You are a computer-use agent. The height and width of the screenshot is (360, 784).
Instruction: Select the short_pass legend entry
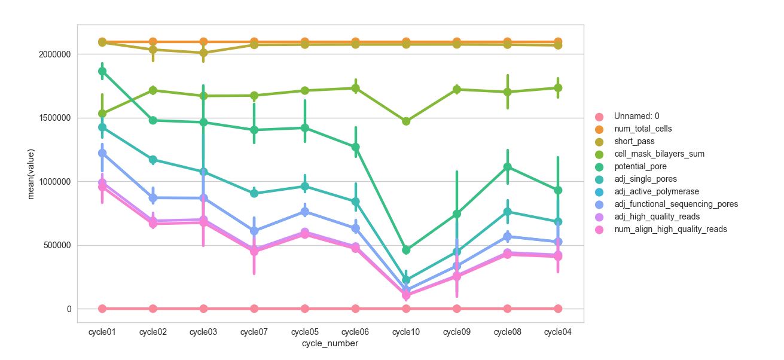(634, 141)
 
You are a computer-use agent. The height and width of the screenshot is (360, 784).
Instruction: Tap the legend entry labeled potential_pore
(640, 166)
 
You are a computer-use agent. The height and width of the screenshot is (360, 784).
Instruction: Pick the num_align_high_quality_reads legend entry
(670, 229)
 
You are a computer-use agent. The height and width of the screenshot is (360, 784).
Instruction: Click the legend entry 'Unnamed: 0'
(636, 116)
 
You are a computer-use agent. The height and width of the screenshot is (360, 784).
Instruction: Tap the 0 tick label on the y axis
(68, 309)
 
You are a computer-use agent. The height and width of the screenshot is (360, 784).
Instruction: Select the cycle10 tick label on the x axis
(406, 332)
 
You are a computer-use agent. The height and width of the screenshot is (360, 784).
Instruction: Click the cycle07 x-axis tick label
(254, 332)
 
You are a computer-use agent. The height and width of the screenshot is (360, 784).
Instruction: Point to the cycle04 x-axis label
(558, 332)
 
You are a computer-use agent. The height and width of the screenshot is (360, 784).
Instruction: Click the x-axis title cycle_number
(330, 344)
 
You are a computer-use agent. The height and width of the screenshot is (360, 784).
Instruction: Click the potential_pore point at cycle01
(102, 71)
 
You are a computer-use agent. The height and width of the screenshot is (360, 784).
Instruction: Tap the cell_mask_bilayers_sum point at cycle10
(406, 121)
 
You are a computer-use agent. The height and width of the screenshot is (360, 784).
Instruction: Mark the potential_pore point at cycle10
(406, 250)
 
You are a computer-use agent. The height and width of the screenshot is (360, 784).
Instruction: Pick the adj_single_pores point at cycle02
(153, 160)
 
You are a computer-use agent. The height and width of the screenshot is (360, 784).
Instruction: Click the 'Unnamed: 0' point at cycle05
(305, 309)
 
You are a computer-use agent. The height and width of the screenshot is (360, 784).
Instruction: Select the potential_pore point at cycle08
(507, 167)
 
